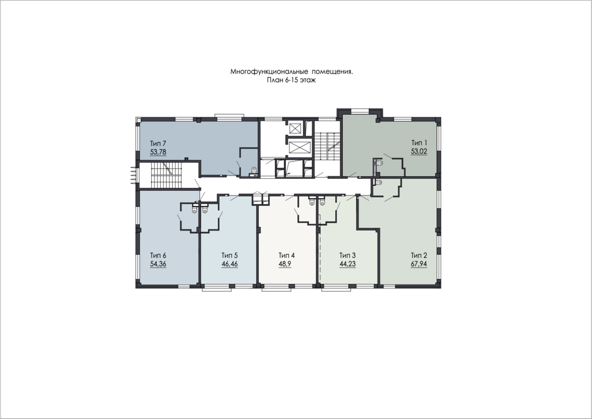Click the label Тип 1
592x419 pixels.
(419, 143)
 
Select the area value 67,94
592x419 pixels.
(419, 264)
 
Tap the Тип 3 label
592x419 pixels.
(347, 255)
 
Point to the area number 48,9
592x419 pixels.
(285, 264)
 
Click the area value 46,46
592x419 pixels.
(230, 264)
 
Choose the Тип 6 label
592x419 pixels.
(158, 255)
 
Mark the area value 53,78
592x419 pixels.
(158, 152)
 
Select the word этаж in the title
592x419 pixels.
(308, 80)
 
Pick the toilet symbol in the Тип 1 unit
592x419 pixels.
(380, 163)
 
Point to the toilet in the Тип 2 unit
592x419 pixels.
(379, 183)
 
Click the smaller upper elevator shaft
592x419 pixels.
(294, 128)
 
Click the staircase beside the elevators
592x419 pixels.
(327, 146)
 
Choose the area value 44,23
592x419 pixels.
(347, 264)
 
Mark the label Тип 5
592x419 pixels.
(230, 255)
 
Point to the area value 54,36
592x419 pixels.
(158, 264)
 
